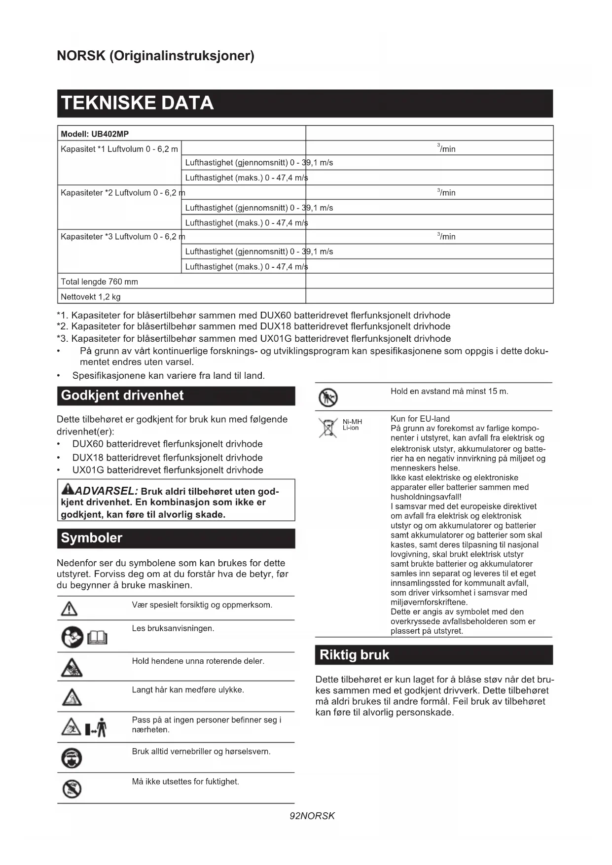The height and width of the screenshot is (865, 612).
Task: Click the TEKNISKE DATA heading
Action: [x=137, y=103]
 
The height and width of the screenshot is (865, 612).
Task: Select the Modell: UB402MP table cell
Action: [x=95, y=134]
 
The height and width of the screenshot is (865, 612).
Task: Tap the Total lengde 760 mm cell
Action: [x=99, y=282]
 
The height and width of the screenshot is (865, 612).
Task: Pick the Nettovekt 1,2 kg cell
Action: [x=90, y=297]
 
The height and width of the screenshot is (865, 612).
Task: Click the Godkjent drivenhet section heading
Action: [x=122, y=396]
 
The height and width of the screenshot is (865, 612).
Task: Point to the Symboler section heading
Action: [x=91, y=538]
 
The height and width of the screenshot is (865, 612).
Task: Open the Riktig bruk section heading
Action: [x=354, y=655]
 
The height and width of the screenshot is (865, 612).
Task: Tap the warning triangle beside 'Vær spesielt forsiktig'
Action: [x=69, y=609]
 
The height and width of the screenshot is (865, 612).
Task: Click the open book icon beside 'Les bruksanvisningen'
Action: [x=97, y=638]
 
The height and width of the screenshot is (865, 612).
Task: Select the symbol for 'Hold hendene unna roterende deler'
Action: [x=72, y=668]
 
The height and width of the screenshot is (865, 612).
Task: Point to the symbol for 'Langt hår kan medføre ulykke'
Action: [x=72, y=697]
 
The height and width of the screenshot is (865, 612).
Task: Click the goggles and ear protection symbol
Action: [x=72, y=758]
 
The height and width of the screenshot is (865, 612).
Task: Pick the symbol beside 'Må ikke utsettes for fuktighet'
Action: [x=72, y=789]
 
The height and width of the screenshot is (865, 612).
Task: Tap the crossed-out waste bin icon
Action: [x=327, y=428]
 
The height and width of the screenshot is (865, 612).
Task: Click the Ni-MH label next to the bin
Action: [x=352, y=422]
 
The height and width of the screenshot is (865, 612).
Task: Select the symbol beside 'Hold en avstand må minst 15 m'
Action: [x=328, y=397]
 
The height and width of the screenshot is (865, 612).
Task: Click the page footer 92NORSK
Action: [x=312, y=816]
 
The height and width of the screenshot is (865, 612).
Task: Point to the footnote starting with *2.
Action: [x=253, y=326]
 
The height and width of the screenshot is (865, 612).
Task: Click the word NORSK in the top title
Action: [x=81, y=56]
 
